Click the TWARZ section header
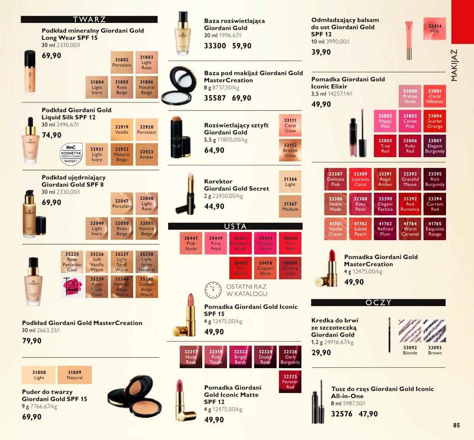(x=89, y=19)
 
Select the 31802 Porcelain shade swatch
(x=122, y=63)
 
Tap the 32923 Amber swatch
(x=147, y=154)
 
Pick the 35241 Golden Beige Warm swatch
(x=147, y=287)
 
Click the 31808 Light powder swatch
(x=39, y=375)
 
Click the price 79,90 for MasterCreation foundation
(x=32, y=341)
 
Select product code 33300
(x=215, y=46)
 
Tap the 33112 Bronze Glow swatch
(x=290, y=150)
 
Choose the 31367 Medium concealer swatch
(x=290, y=207)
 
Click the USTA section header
(x=235, y=226)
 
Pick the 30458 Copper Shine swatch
(x=265, y=268)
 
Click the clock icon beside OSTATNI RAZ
(x=213, y=290)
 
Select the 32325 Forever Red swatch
(x=290, y=382)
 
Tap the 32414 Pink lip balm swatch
(x=434, y=28)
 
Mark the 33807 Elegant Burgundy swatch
(x=434, y=146)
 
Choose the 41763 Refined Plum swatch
(x=385, y=229)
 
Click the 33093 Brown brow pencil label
(x=434, y=350)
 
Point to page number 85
(x=456, y=425)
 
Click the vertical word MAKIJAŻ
(x=454, y=66)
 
